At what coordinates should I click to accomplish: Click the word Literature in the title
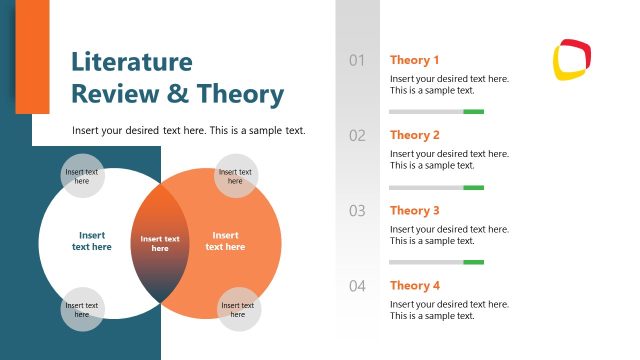(x=131, y=62)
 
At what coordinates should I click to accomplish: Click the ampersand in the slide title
(x=179, y=95)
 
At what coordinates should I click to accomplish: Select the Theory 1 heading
(x=414, y=60)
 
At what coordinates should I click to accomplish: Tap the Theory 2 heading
(x=414, y=135)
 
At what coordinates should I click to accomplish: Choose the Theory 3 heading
(x=414, y=211)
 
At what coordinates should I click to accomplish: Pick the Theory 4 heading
(x=414, y=286)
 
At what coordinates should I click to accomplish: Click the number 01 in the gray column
(x=357, y=61)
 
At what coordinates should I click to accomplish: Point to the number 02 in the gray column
(x=357, y=136)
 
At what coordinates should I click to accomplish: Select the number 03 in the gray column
(x=357, y=211)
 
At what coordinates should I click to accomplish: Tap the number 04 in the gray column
(x=357, y=286)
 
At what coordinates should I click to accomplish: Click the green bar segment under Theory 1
(x=474, y=112)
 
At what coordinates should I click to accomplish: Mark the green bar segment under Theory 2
(x=474, y=187)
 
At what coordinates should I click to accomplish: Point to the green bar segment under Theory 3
(x=474, y=262)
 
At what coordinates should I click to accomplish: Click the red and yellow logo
(x=573, y=60)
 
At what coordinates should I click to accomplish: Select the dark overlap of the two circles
(x=160, y=243)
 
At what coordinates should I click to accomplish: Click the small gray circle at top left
(x=82, y=176)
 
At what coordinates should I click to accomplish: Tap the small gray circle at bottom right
(x=238, y=309)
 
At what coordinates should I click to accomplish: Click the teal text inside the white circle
(x=91, y=241)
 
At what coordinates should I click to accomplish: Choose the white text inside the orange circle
(x=226, y=241)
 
